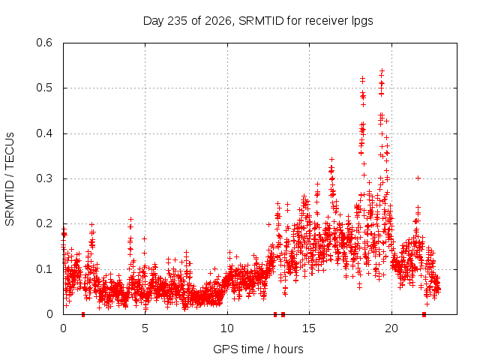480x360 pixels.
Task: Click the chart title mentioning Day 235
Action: point(258,21)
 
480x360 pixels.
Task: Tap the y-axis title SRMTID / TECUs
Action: point(10,179)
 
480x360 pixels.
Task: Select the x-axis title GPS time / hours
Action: point(258,349)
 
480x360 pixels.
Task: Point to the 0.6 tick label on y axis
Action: point(44,43)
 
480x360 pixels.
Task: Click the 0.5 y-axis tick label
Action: point(44,88)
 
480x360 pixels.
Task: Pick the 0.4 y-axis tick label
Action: point(44,133)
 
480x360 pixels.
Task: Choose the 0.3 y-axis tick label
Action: point(44,178)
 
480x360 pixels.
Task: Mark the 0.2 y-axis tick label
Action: point(44,223)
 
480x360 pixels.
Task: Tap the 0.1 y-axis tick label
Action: point(44,269)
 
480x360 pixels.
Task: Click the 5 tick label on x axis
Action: point(145,328)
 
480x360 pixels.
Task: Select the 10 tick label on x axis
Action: point(226,328)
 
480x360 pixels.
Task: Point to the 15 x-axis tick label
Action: point(309,328)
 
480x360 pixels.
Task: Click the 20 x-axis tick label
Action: point(391,328)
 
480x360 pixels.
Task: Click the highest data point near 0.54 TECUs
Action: point(382,71)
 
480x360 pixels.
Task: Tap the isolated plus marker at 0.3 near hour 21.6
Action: point(418,178)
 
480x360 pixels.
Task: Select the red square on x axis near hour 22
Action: point(424,314)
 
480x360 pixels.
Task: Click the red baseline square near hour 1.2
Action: point(83,314)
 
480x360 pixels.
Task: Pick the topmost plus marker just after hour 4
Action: point(130,219)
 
